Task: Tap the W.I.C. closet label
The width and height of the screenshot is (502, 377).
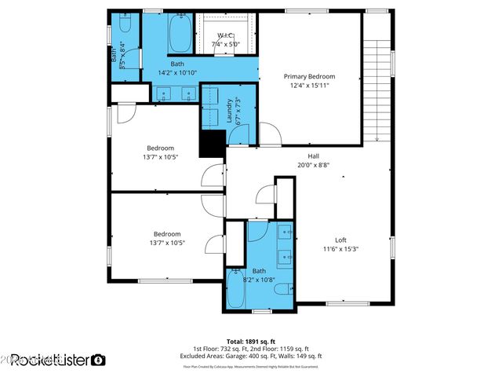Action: point(224,36)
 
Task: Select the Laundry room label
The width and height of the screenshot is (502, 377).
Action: point(229,110)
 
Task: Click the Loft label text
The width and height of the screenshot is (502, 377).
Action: point(340,240)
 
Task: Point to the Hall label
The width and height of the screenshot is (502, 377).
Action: point(313,156)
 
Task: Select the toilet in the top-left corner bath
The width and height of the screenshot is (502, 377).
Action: point(125,27)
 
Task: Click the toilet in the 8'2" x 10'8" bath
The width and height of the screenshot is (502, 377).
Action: point(282,290)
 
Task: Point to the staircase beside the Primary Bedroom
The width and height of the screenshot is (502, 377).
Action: point(377,86)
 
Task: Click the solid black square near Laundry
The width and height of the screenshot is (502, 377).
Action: point(212,145)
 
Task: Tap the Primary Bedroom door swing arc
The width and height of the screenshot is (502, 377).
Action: point(268,133)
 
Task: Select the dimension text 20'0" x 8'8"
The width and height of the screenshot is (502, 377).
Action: point(313,166)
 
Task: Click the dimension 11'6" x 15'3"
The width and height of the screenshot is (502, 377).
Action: point(340,250)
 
